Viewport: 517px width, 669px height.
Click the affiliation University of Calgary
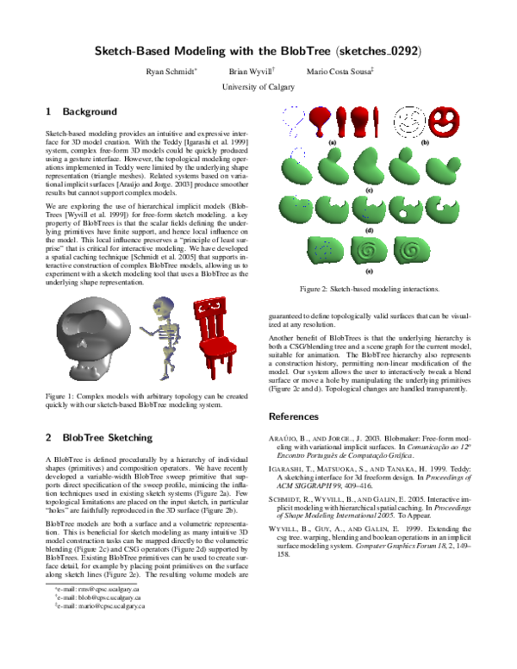[258, 87]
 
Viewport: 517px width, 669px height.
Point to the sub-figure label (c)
[369, 190]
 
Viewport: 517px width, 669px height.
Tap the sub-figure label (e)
[369, 272]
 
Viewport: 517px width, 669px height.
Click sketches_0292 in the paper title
[380, 51]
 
